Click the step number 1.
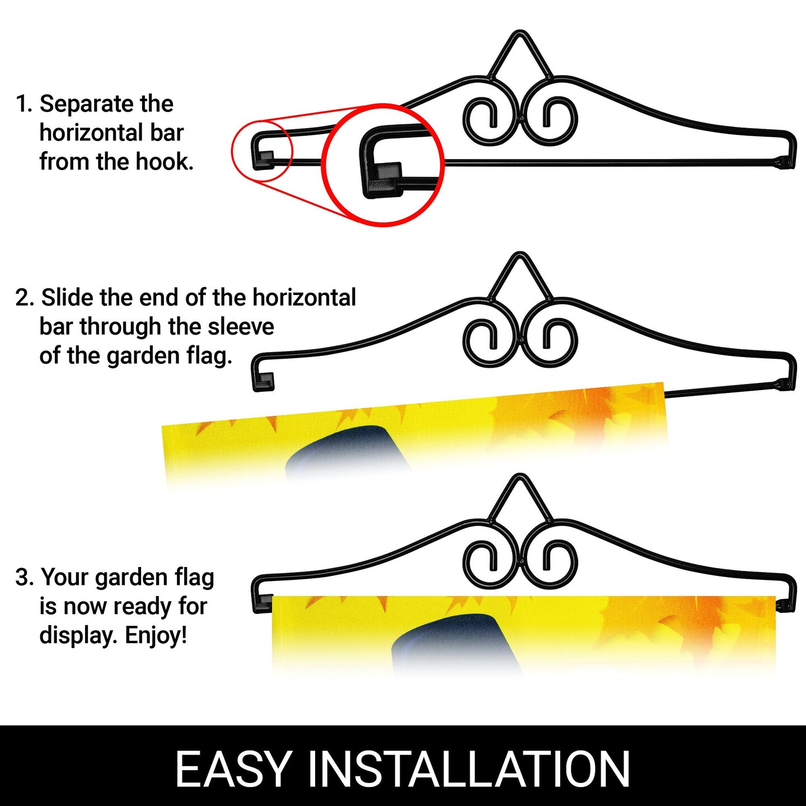24,104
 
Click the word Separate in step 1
87,105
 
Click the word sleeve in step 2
241,327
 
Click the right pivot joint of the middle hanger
784,384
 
